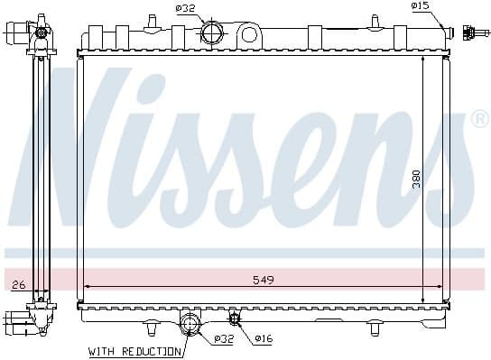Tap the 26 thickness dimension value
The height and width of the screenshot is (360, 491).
19,285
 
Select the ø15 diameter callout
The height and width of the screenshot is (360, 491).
420,6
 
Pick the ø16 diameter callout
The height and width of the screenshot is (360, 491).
263,338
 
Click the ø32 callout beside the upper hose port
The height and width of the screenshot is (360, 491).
186,9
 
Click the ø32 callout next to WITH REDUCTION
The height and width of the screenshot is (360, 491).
225,338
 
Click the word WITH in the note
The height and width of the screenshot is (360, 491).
104,350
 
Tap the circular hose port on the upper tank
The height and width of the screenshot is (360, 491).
212,33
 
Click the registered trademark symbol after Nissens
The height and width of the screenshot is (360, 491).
480,119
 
